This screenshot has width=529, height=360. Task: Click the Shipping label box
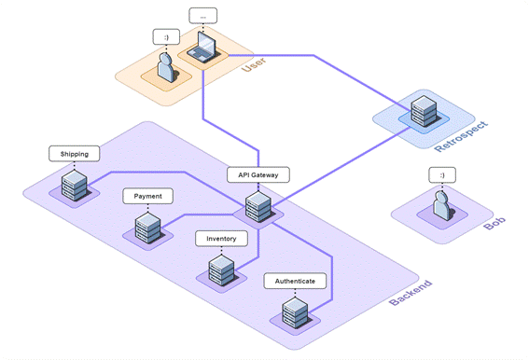(74, 153)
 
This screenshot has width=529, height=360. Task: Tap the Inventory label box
(221, 239)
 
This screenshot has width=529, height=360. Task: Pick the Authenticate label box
(295, 281)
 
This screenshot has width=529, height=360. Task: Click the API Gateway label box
(258, 174)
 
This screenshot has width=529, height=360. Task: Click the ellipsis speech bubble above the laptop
(203, 16)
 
